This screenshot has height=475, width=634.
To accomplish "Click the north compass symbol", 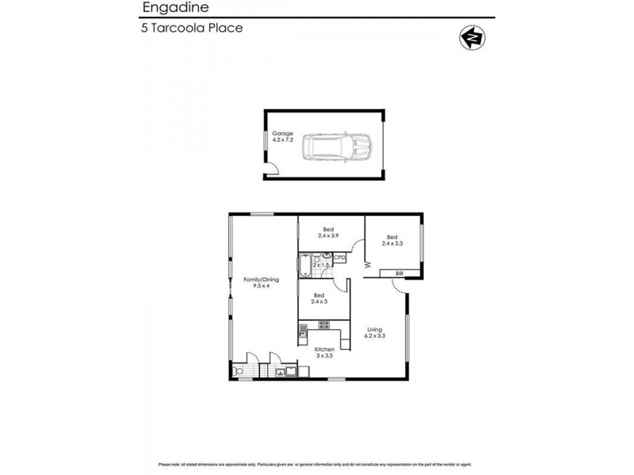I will click(473, 37).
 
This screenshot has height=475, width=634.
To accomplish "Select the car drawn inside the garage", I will click(340, 147).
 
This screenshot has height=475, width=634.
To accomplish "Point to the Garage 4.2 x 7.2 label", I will click(283, 137).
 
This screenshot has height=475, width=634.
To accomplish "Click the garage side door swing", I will click(271, 167).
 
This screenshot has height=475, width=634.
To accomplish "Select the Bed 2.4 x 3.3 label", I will click(392, 241).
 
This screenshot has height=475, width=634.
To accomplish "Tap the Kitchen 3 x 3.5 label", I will click(325, 351).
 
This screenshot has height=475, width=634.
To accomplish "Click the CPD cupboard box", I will click(339, 257).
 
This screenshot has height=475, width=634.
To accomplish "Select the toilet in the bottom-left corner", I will click(239, 370).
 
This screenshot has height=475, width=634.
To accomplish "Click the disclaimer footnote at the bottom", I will click(317, 464).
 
